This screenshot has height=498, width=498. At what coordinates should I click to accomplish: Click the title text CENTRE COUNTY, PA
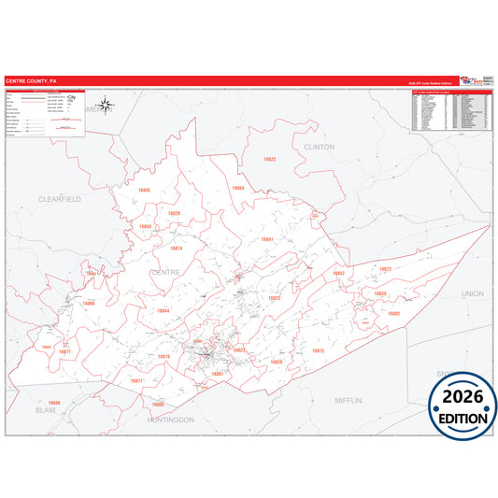pyautogui.click(x=31, y=81)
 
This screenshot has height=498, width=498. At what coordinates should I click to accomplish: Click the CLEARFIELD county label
pyautogui.click(x=60, y=199)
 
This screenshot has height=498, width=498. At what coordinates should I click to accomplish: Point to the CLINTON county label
pyautogui.click(x=319, y=147)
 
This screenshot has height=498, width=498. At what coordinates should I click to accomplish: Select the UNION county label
pyautogui.click(x=473, y=293)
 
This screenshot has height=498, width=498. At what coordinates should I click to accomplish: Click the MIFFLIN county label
pyautogui.click(x=349, y=400)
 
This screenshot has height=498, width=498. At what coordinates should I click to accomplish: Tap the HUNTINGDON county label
pyautogui.click(x=170, y=420)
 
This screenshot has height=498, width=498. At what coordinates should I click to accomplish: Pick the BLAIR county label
pyautogui.click(x=45, y=409)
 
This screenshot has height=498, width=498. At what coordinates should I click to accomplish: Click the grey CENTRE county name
pyautogui.click(x=164, y=272)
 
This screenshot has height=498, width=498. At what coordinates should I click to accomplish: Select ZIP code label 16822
pyautogui.click(x=270, y=160)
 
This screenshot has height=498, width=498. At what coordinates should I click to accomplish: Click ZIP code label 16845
pyautogui.click(x=144, y=190)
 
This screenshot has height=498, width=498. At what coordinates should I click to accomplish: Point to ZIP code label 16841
pyautogui.click(x=266, y=240)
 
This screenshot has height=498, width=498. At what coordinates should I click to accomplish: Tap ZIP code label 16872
pyautogui.click(x=385, y=269)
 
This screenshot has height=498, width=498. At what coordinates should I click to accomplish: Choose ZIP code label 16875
pyautogui.click(x=318, y=350)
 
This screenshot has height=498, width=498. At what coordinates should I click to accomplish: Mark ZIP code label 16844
pyautogui.click(x=164, y=310)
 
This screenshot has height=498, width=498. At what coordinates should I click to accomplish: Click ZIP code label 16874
pyautogui.click(x=176, y=249)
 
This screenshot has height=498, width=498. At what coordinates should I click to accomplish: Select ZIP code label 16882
pyautogui.click(x=393, y=313)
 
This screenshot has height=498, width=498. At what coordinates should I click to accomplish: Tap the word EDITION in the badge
pyautogui.click(x=462, y=419)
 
